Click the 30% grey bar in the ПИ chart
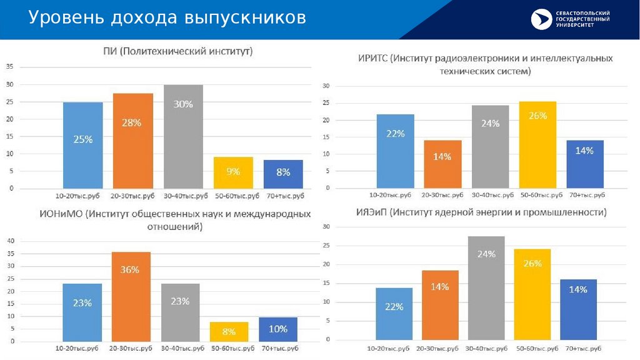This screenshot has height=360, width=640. point(183,136)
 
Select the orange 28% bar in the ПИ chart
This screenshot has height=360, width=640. point(132,141)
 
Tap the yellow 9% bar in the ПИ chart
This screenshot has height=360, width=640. point(233,172)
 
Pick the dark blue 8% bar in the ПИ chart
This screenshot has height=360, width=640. point(283,174)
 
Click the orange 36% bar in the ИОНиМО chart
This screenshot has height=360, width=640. point(131,296)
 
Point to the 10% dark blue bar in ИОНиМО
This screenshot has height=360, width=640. point(278,329)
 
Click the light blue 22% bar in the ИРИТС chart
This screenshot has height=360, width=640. point(395,151)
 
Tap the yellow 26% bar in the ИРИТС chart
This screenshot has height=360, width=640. point(537,144)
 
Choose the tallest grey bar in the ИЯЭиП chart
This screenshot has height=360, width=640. point(486,288)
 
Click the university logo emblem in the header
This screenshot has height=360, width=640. point(541,19)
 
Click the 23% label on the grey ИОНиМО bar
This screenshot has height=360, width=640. point(180,301)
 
